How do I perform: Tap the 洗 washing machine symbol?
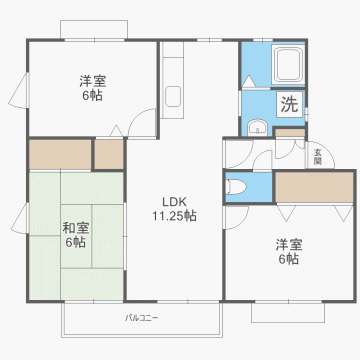coord(289,103)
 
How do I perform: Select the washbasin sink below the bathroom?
coord(256,127)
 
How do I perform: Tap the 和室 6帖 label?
coord(75,234)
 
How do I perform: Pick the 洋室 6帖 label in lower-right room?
coord(288,250)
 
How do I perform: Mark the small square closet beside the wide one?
coord(107,154)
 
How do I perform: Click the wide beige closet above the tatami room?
coord(60,154)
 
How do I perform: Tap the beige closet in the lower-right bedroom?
coord(314,187)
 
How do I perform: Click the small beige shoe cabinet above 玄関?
coord(289,133)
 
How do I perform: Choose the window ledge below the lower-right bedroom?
coord(288,313)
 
